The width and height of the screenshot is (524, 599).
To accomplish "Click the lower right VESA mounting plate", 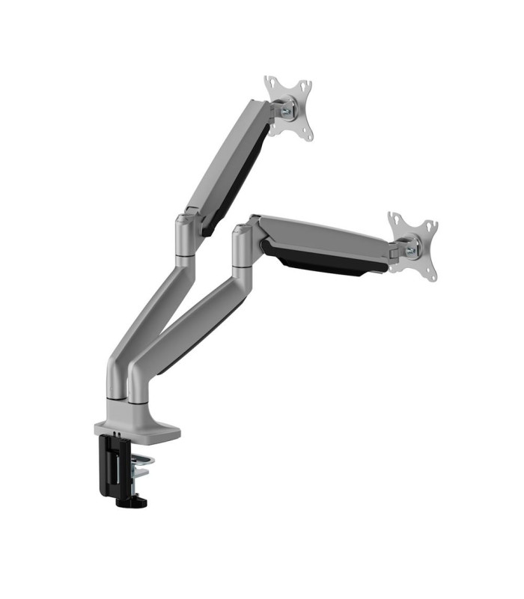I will [412, 246].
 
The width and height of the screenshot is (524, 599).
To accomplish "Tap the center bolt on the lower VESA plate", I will [412, 245].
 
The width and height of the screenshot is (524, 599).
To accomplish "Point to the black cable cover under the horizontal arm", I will [322, 258].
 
